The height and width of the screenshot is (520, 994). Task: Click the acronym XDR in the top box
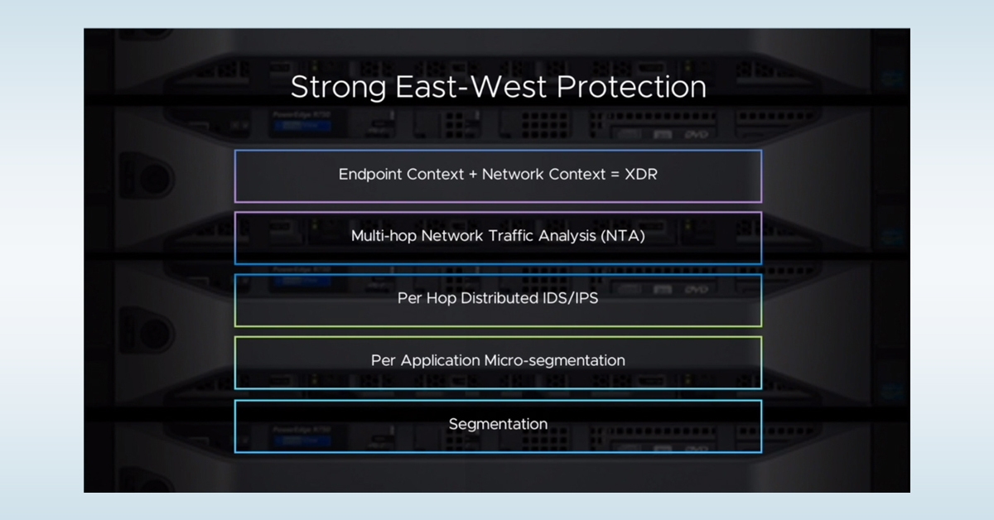point(641,175)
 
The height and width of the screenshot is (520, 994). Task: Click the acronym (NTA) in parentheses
point(625,236)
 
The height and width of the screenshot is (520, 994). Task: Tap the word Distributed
point(497,298)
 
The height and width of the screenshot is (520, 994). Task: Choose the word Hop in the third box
point(440,298)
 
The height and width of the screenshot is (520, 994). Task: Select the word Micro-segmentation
point(567,361)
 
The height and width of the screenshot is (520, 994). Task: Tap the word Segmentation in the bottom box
point(498,424)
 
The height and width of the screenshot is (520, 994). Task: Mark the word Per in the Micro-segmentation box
point(384,361)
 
